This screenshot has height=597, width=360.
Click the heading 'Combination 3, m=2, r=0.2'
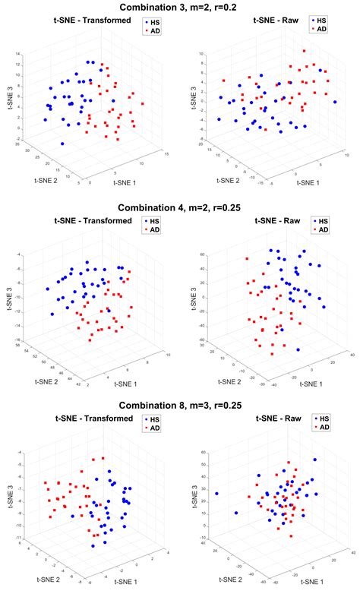tap(179, 7)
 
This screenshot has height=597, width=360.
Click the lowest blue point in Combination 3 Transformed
tap(62, 144)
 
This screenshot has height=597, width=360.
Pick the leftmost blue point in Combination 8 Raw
tap(216, 493)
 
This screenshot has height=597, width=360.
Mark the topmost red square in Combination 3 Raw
tap(305, 52)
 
